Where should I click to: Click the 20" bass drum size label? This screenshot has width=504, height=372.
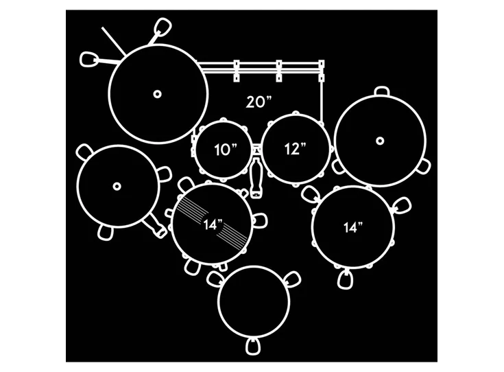[259, 102]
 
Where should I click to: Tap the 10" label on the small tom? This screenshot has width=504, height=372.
[226, 150]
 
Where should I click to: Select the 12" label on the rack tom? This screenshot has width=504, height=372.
[295, 149]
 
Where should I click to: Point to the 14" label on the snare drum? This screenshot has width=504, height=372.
[213, 224]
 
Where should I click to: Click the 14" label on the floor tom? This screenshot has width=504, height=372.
[353, 227]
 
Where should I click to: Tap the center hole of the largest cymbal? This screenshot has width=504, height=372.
[157, 94]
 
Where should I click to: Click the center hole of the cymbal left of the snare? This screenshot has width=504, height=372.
[117, 186]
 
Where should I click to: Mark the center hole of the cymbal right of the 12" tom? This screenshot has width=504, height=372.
[380, 141]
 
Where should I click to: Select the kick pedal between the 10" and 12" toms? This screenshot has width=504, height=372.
[256, 178]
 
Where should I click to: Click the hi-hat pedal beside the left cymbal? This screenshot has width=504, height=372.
[155, 226]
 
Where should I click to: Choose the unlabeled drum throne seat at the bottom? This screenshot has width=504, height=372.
[254, 302]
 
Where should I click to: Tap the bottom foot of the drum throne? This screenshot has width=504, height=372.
[253, 346]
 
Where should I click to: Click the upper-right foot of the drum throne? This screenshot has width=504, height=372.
[293, 279]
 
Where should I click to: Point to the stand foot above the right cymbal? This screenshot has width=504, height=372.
[382, 91]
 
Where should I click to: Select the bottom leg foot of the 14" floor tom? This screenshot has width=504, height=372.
[345, 279]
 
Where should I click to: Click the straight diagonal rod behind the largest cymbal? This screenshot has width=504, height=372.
[113, 41]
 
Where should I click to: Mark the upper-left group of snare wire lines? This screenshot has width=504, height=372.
[193, 207]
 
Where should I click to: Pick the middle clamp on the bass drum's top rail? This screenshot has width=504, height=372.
[279, 71]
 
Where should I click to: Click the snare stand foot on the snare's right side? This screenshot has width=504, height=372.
[261, 221]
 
